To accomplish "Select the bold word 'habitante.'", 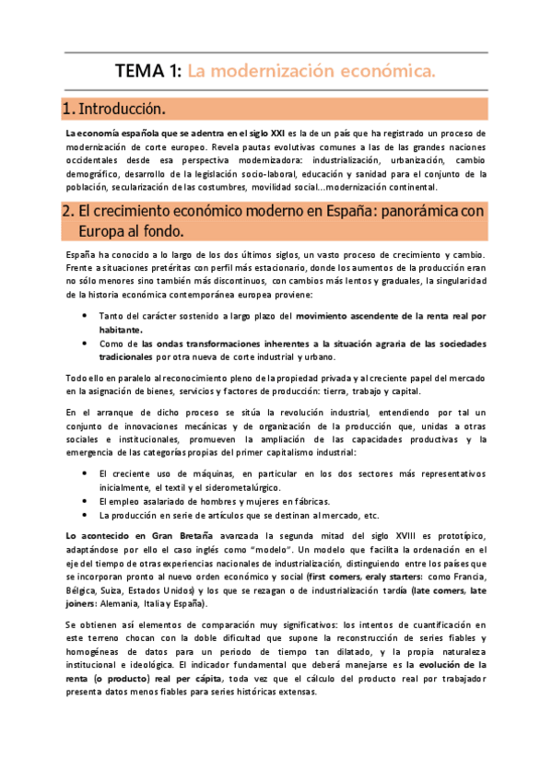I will (121, 329).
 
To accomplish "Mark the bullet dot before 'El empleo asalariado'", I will (86, 501).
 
